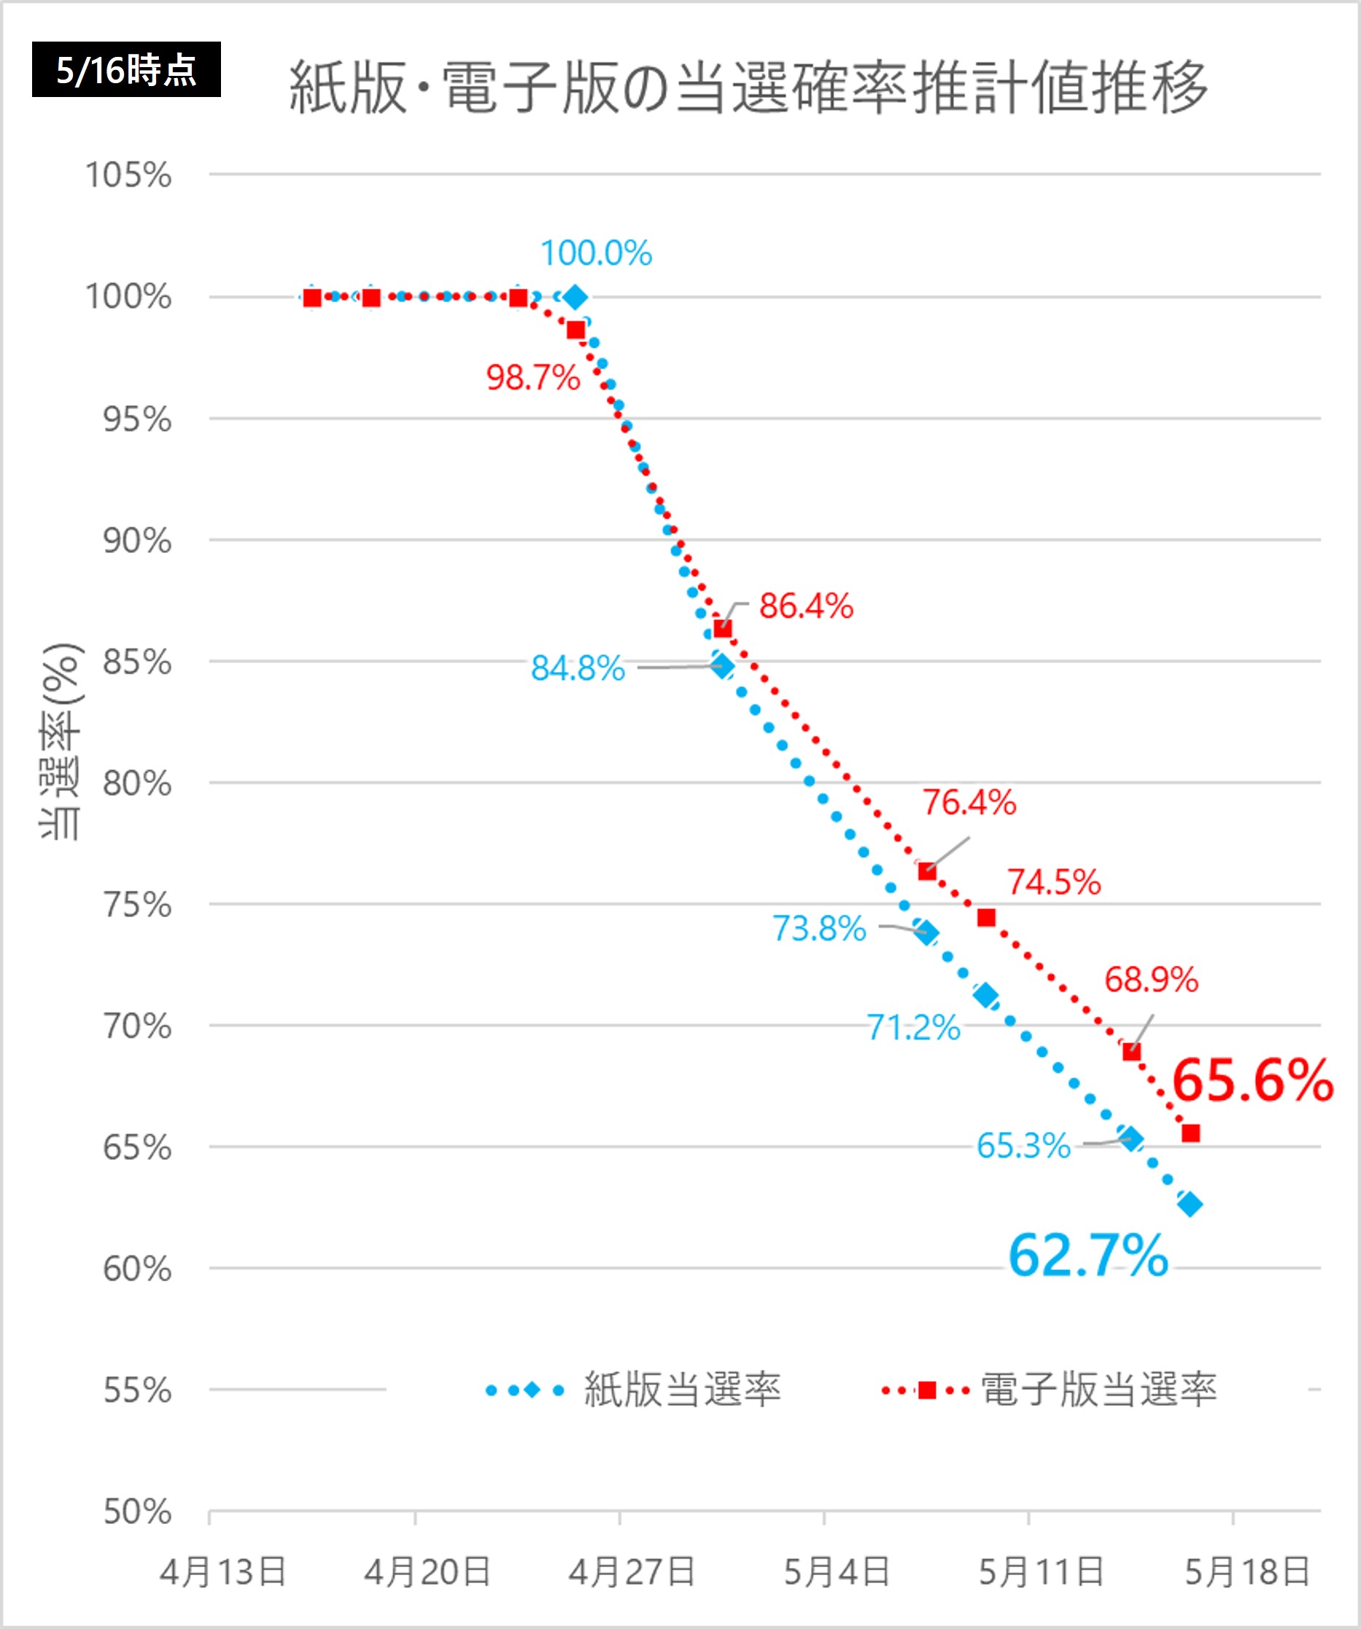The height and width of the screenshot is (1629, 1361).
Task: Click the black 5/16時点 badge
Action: pyautogui.click(x=125, y=70)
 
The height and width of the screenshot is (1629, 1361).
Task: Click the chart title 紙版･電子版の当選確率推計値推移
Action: pyautogui.click(x=748, y=87)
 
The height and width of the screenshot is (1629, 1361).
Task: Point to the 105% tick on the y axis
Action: pyautogui.click(x=128, y=175)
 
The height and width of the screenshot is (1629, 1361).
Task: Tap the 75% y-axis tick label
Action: pyautogui.click(x=137, y=905)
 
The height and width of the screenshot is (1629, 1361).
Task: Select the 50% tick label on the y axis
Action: pyautogui.click(x=137, y=1512)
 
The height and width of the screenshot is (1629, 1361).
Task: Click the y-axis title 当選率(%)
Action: pyautogui.click(x=61, y=740)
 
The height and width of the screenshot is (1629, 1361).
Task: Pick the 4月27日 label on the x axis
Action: pyautogui.click(x=631, y=1572)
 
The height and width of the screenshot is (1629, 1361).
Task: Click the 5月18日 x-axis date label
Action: pyautogui.click(x=1247, y=1572)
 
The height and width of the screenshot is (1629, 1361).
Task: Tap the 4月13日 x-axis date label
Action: pyautogui.click(x=223, y=1572)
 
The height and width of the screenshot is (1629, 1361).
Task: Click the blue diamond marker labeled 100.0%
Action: pyautogui.click(x=575, y=297)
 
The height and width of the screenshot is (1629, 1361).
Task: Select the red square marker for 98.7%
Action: pyautogui.click(x=575, y=330)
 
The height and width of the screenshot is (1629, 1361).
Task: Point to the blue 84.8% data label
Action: pyautogui.click(x=578, y=669)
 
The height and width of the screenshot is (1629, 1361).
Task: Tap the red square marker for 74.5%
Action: pyautogui.click(x=986, y=918)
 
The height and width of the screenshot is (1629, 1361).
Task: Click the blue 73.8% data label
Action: pyautogui.click(x=819, y=929)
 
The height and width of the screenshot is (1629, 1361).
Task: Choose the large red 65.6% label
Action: pyautogui.click(x=1252, y=1080)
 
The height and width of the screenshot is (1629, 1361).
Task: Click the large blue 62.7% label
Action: pyautogui.click(x=1088, y=1256)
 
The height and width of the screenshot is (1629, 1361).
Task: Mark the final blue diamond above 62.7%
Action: pyautogui.click(x=1190, y=1204)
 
